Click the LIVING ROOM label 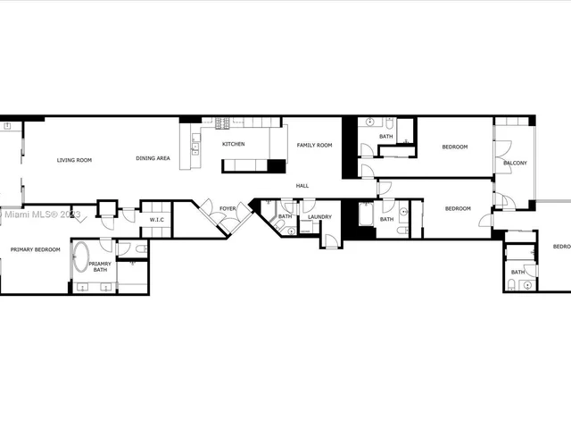[x=74, y=160]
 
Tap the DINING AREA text [x=153, y=158]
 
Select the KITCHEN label [x=234, y=144]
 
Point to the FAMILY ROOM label [x=314, y=145]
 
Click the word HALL [x=302, y=185]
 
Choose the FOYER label [x=228, y=208]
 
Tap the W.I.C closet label [x=154, y=219]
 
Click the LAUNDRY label [x=319, y=217]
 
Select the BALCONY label [x=515, y=163]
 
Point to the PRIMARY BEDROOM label [x=36, y=249]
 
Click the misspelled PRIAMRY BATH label [x=100, y=266]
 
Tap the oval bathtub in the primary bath [x=81, y=257]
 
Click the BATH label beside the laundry [x=285, y=217]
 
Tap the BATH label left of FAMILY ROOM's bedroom [x=385, y=136]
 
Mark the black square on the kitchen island [x=277, y=166]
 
